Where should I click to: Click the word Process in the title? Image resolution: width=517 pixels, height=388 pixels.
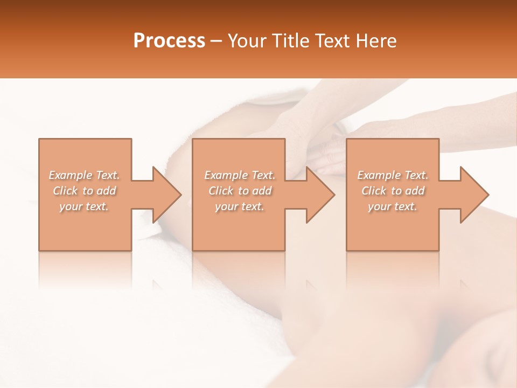tap(169, 41)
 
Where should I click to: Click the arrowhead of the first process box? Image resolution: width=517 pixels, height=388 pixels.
tap(167, 195)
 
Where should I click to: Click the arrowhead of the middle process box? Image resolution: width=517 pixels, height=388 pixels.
tap(321, 195)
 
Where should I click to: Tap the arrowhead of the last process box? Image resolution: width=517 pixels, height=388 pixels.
tap(474, 195)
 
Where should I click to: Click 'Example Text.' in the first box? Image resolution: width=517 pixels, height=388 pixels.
tap(85, 175)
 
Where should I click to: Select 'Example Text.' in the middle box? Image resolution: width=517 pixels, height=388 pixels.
tap(240, 175)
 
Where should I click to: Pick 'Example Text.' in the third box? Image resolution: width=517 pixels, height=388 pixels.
tap(393, 175)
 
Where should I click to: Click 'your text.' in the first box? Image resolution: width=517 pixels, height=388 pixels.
tap(85, 206)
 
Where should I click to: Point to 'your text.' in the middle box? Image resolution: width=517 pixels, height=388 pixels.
tap(240, 206)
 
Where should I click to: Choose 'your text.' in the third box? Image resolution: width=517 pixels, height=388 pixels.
tap(393, 206)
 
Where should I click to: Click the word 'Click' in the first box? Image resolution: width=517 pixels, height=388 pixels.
tap(66, 191)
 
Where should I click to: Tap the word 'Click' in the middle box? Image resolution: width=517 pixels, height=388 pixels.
tap(221, 191)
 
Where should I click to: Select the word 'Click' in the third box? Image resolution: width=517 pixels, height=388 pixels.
tap(374, 191)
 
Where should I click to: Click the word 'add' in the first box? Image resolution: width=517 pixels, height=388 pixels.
tap(107, 191)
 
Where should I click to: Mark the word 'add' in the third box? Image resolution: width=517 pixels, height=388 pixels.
tap(415, 191)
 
